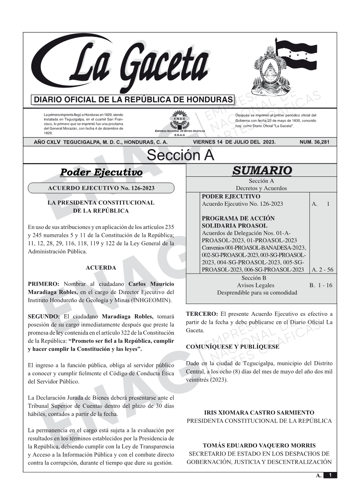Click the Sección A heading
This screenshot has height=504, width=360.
pyautogui.click(x=180, y=155)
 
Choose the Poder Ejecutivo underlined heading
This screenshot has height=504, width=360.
pyautogui.click(x=101, y=173)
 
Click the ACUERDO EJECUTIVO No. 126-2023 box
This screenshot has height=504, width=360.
pyautogui.click(x=101, y=188)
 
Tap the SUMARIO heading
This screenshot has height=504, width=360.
pyautogui.click(x=262, y=170)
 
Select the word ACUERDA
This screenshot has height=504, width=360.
pyautogui.click(x=101, y=268)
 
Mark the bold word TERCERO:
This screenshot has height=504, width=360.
pyautogui.click(x=202, y=314)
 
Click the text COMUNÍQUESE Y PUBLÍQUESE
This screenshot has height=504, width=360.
pyautogui.click(x=232, y=347)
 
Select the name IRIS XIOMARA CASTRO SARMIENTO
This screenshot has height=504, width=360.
pyautogui.click(x=259, y=413)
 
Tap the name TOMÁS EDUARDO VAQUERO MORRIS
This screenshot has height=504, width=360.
pyautogui.click(x=259, y=445)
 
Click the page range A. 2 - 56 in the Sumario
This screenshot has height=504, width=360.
pyautogui.click(x=322, y=270)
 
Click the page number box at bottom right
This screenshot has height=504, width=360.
pyautogui.click(x=330, y=475)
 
